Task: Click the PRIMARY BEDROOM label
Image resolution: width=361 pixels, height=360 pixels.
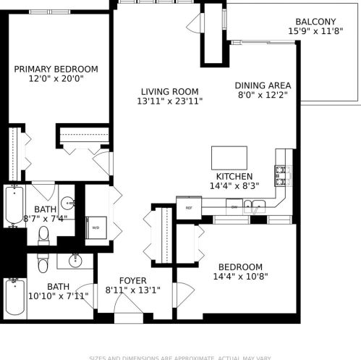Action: point(56,70)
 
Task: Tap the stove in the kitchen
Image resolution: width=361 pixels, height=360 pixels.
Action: point(282,174)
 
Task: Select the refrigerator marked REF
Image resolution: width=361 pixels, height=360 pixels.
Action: point(189,207)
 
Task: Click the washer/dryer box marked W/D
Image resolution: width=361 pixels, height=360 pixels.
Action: point(96,227)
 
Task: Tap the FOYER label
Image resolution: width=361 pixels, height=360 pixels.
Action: point(132,280)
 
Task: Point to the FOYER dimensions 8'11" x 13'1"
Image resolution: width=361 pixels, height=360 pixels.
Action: point(132,290)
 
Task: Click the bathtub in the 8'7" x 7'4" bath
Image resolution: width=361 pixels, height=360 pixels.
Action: point(14,206)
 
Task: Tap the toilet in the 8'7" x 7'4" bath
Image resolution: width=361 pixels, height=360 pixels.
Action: point(43,234)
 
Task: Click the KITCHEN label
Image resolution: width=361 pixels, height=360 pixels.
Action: point(234,177)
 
